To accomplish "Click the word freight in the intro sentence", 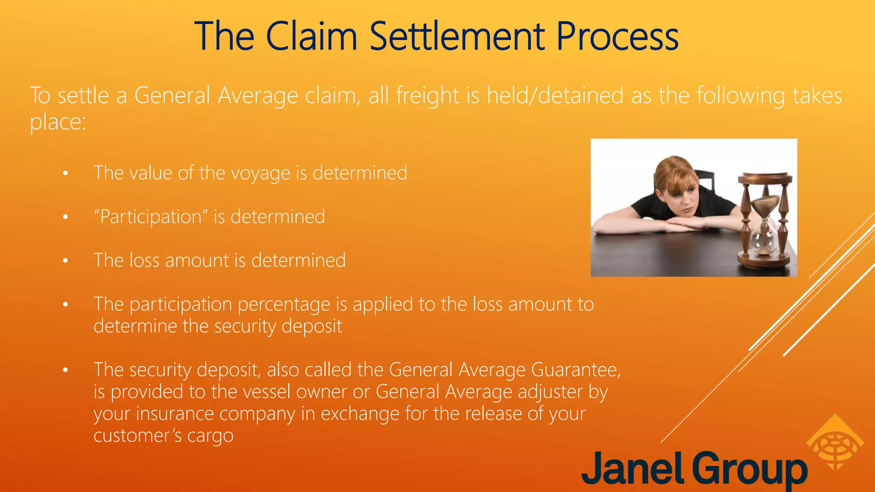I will click(428, 95).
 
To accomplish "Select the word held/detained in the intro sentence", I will click(555, 95).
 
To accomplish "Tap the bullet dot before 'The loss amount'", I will click(65, 261).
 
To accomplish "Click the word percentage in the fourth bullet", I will click(284, 305).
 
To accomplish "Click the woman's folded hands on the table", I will click(679, 224).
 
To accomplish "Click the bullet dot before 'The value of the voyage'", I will click(65, 173).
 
